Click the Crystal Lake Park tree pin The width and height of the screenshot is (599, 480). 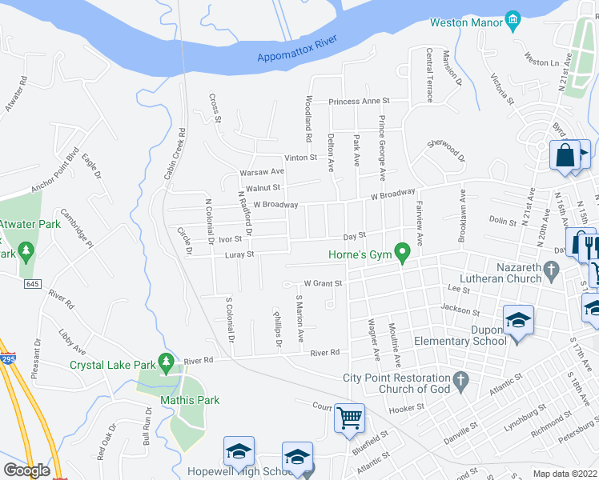(166, 364)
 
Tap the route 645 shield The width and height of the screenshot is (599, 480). (30, 285)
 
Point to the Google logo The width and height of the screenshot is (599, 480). (26, 470)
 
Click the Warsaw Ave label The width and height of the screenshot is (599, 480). (262, 172)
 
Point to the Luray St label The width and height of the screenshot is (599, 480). (238, 254)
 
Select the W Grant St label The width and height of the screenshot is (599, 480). (323, 283)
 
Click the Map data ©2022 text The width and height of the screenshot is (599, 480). (565, 474)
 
